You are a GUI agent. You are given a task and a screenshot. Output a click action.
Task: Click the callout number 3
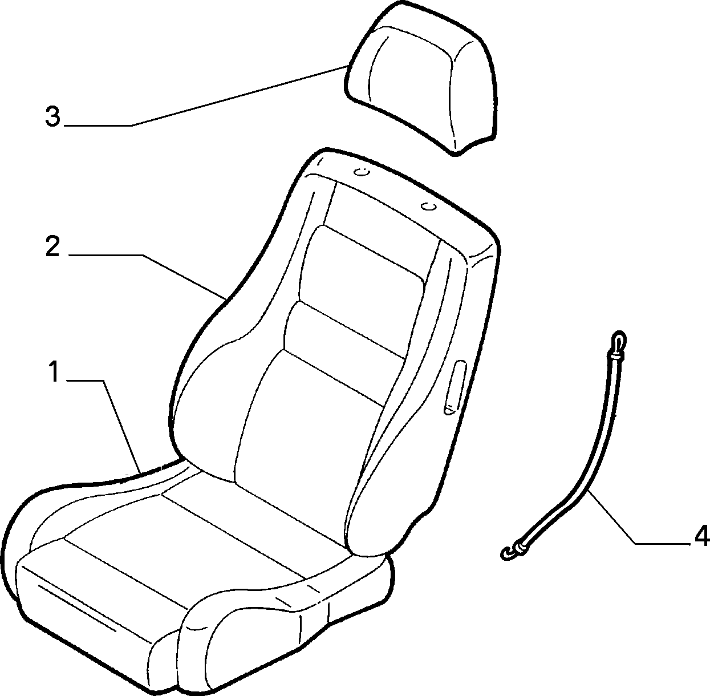52,116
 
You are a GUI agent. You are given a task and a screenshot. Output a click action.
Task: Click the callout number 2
52,246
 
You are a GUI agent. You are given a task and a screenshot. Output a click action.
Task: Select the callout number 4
701,547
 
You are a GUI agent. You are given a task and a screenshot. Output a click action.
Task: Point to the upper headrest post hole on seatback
361,172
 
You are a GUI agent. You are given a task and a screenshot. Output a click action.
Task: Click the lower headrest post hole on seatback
428,207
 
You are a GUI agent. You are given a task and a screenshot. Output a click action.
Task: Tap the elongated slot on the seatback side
455,388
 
